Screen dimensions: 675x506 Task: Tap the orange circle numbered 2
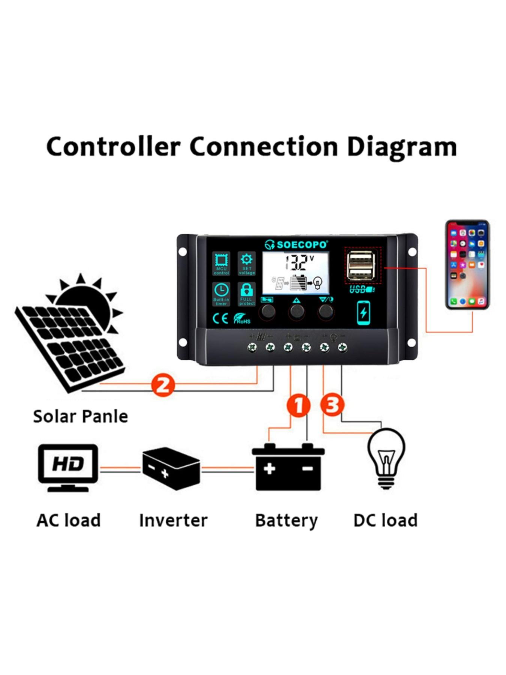pyautogui.click(x=163, y=385)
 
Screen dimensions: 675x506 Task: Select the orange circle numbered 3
pyautogui.click(x=332, y=405)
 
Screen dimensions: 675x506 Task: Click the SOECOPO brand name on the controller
pyautogui.click(x=302, y=245)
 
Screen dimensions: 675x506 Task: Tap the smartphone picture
pyautogui.click(x=467, y=264)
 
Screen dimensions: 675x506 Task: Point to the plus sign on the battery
pyautogui.click(x=269, y=468)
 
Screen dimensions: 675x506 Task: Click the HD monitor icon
pyautogui.click(x=68, y=466)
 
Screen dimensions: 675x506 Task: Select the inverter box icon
pyautogui.click(x=171, y=468)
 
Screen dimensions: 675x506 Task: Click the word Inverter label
pyautogui.click(x=173, y=520)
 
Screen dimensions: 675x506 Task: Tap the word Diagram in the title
pyautogui.click(x=401, y=147)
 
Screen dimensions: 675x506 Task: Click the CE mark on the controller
pyautogui.click(x=220, y=318)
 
